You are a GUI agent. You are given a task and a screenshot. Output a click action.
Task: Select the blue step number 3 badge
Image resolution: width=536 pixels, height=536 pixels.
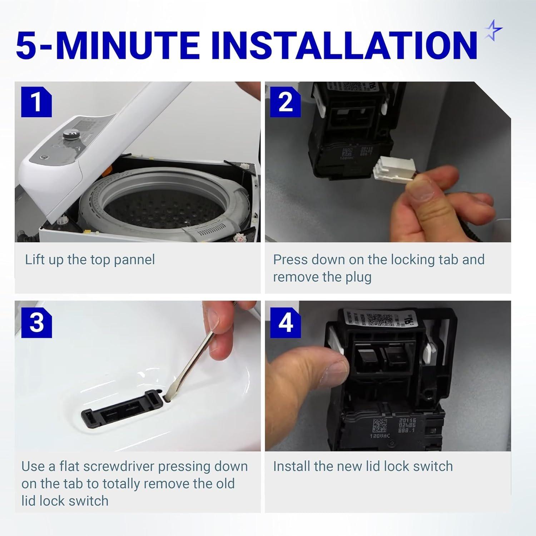pyautogui.click(x=36, y=323)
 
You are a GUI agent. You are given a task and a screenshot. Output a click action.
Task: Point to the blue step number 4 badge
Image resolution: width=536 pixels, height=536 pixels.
pyautogui.click(x=285, y=323)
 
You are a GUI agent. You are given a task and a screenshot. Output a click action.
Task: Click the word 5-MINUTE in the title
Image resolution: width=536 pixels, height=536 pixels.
pyautogui.click(x=107, y=46)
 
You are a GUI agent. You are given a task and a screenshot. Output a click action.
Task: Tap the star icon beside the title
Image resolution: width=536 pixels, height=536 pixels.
pyautogui.click(x=493, y=30)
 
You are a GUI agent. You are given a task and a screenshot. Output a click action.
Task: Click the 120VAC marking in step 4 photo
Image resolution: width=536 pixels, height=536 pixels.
pyautogui.click(x=377, y=436)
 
